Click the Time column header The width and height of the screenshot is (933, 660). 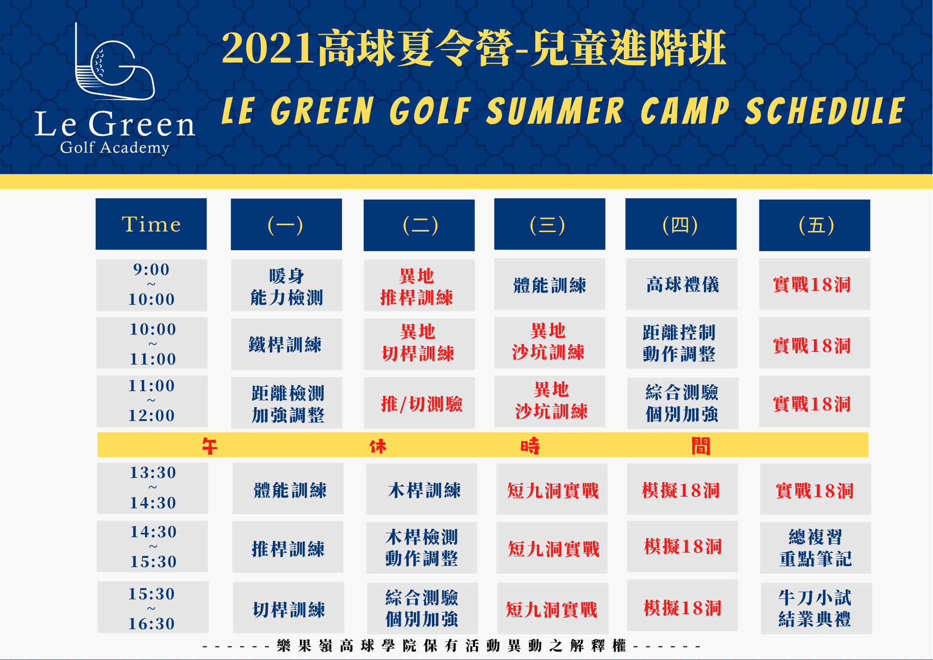pos(151,224)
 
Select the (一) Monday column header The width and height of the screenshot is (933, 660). pos(286,225)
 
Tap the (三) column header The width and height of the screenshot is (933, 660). pos(550,224)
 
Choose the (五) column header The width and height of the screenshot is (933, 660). pos(815,225)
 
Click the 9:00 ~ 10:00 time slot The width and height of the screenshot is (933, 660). pos(152,285)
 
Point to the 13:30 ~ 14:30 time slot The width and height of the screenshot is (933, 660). pos(153,488)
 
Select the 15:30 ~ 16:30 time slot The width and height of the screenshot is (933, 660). pos(153,607)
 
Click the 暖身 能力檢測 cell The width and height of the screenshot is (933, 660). pos(286,285)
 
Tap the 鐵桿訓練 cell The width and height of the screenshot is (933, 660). pos(286,344)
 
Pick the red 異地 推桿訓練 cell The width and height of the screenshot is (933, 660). pos(419,285)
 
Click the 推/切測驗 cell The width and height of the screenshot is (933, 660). pos(419,403)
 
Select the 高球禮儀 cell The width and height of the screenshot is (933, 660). pos(682,284)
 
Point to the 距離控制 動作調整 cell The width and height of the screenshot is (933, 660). pos(682,343)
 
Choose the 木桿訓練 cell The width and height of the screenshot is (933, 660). pos(422,489)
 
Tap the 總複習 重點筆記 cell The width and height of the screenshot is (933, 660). pos(815,548)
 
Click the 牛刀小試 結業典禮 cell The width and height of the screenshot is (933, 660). pos(816,608)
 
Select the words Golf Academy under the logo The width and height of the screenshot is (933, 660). pos(115,147)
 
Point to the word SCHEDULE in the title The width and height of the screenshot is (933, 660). pos(825,111)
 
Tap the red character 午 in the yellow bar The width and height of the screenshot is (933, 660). pos(209,446)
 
